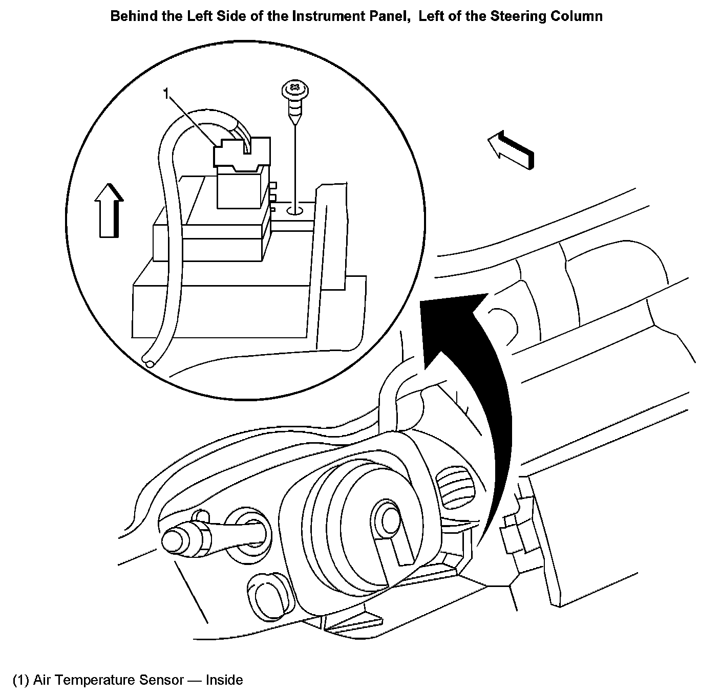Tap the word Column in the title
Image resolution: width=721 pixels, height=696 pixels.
click(576, 16)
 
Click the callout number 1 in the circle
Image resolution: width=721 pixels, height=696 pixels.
click(166, 94)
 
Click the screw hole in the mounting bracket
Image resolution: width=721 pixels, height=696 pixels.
click(295, 210)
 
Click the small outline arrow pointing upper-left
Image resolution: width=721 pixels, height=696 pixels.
click(510, 148)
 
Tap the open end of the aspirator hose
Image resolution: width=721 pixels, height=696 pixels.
click(149, 363)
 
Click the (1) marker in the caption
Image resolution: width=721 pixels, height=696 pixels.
click(20, 680)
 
